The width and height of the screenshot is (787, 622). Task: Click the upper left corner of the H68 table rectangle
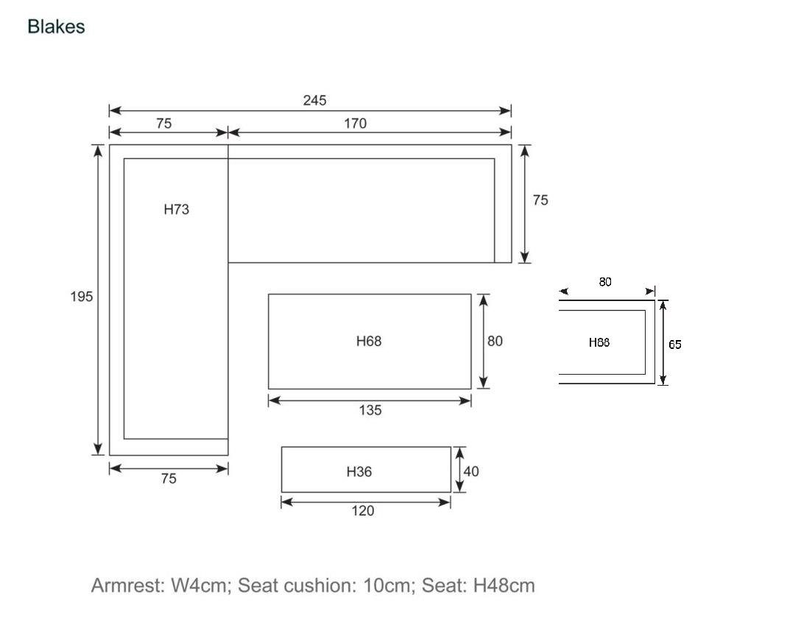click(x=269, y=294)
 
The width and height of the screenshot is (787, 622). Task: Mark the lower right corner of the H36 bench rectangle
click(x=451, y=492)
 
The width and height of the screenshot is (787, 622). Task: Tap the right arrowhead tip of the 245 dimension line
click(x=511, y=111)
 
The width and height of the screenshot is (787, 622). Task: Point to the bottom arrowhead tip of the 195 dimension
click(x=98, y=455)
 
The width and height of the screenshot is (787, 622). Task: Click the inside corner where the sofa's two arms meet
click(x=228, y=263)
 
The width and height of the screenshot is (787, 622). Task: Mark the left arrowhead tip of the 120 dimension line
click(x=281, y=502)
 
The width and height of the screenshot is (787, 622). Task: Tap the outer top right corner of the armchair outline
click(x=655, y=300)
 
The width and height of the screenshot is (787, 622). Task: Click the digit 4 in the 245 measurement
click(x=314, y=100)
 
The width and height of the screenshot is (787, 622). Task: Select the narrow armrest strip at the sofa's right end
click(x=503, y=211)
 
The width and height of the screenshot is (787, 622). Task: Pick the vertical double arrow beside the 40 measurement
click(x=459, y=470)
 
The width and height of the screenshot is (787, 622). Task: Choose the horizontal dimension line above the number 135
click(x=370, y=400)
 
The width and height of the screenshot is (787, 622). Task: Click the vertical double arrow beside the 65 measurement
click(x=663, y=342)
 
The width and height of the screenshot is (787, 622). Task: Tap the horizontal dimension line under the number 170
click(x=370, y=132)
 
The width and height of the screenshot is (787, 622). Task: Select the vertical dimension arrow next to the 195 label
click(x=98, y=300)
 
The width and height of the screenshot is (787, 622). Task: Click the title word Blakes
click(x=56, y=26)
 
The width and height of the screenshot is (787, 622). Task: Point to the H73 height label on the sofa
click(x=177, y=209)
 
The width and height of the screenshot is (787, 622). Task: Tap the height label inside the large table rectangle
click(x=369, y=342)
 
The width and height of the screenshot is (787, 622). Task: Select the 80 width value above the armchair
click(x=605, y=282)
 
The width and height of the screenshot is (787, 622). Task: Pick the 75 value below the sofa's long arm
click(x=169, y=478)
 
